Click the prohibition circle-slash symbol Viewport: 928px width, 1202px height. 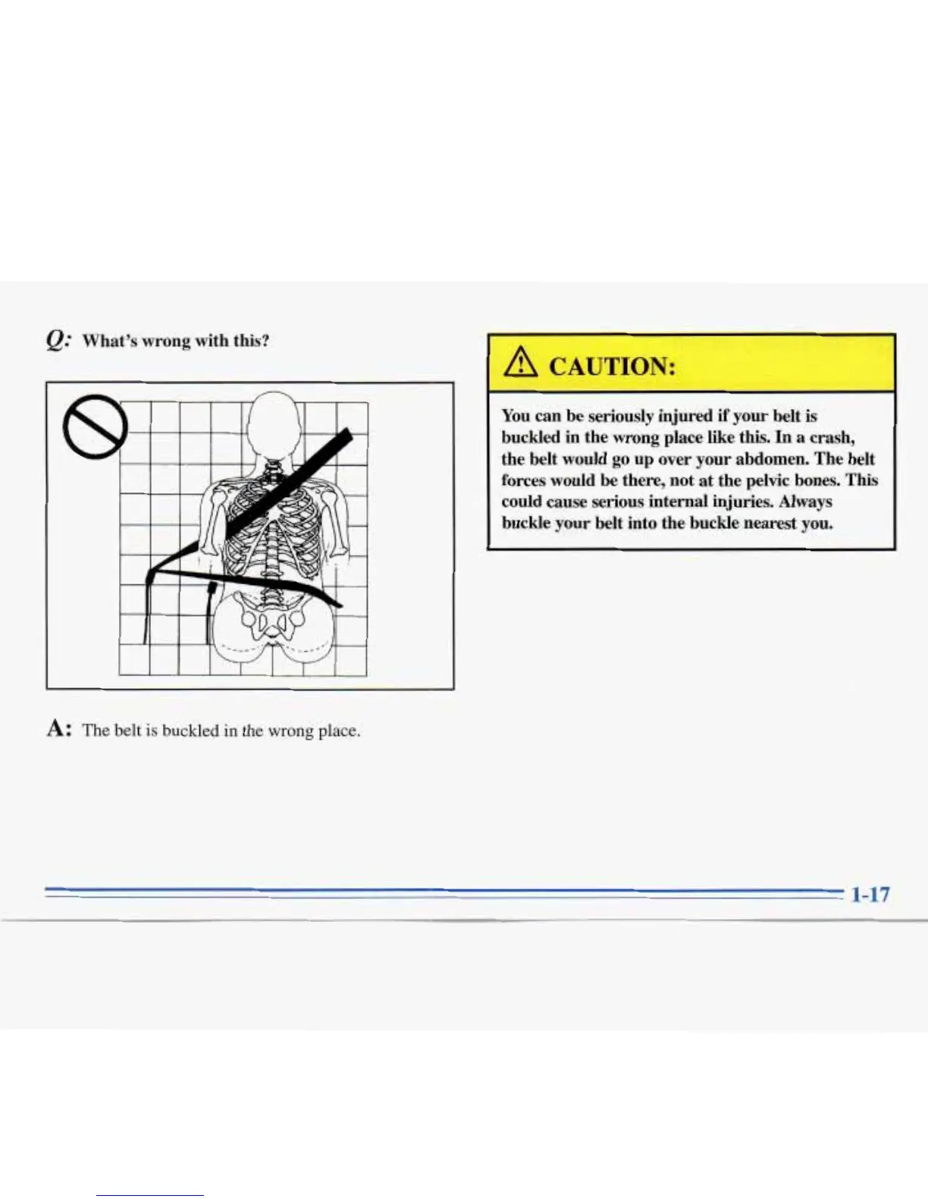point(95,427)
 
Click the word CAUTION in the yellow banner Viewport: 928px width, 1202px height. point(611,367)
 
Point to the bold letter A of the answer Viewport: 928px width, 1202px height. point(57,729)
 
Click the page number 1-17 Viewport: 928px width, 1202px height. point(870,894)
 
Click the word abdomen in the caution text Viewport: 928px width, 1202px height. point(769,459)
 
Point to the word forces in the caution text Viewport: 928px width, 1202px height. point(524,480)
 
